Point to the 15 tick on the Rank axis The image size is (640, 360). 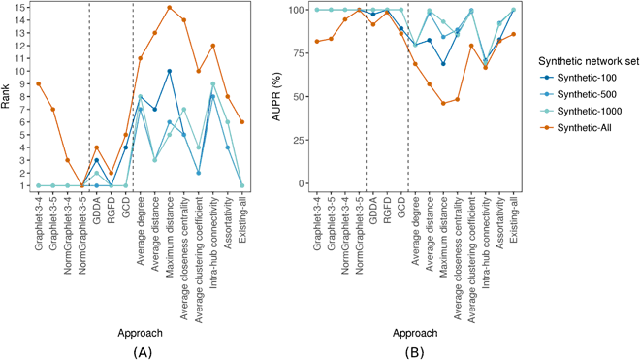pos(22,9)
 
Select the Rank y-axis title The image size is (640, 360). pos(9,97)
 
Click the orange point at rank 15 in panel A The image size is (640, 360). pos(170,8)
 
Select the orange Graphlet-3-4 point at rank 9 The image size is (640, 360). pos(38,83)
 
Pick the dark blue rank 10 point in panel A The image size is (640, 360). pos(170,71)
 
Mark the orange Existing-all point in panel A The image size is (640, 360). pos(241,121)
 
